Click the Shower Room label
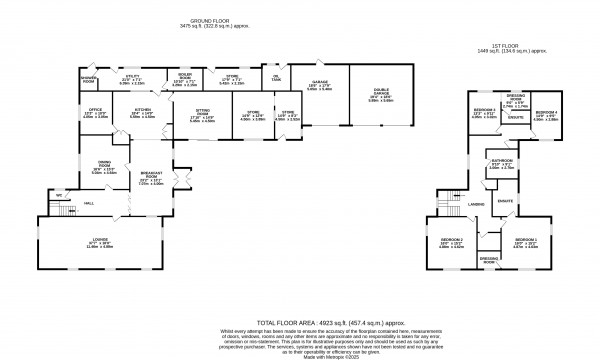(89, 79)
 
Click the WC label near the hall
(59, 194)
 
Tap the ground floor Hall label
(89, 203)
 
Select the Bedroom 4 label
(544, 114)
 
